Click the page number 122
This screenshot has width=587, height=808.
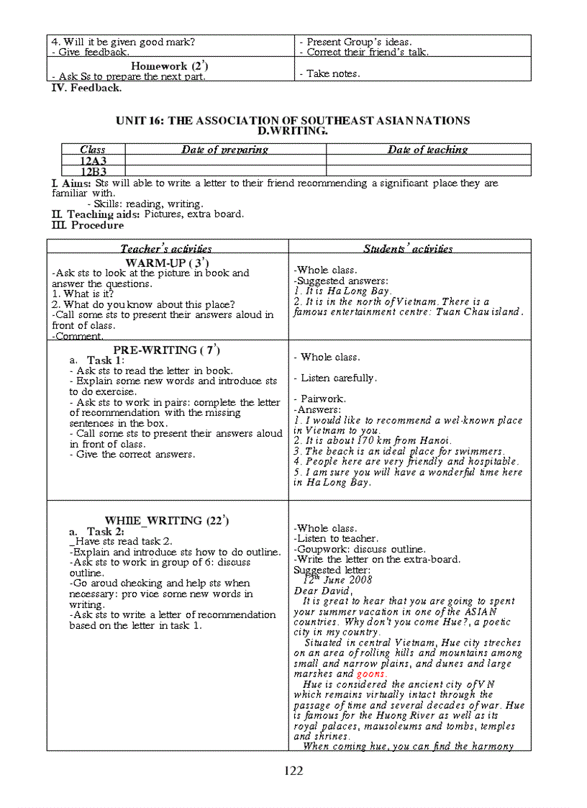pyautogui.click(x=293, y=771)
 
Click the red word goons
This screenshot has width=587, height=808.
pyautogui.click(x=371, y=674)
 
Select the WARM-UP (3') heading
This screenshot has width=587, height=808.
pyautogui.click(x=167, y=263)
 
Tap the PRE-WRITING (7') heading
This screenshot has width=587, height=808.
pyautogui.click(x=167, y=350)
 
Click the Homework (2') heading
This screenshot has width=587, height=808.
pyautogui.click(x=170, y=66)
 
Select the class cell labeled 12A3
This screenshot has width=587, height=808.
pyautogui.click(x=94, y=160)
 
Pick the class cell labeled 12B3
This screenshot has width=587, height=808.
pyautogui.click(x=94, y=171)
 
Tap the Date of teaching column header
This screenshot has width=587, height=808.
pyautogui.click(x=427, y=150)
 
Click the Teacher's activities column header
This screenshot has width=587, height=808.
pyautogui.click(x=166, y=248)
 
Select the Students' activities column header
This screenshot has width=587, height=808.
pyautogui.click(x=408, y=248)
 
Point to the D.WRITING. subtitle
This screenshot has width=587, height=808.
pyautogui.click(x=293, y=131)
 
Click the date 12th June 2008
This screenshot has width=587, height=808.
pyautogui.click(x=337, y=580)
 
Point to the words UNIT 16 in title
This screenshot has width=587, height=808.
pyautogui.click(x=140, y=120)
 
